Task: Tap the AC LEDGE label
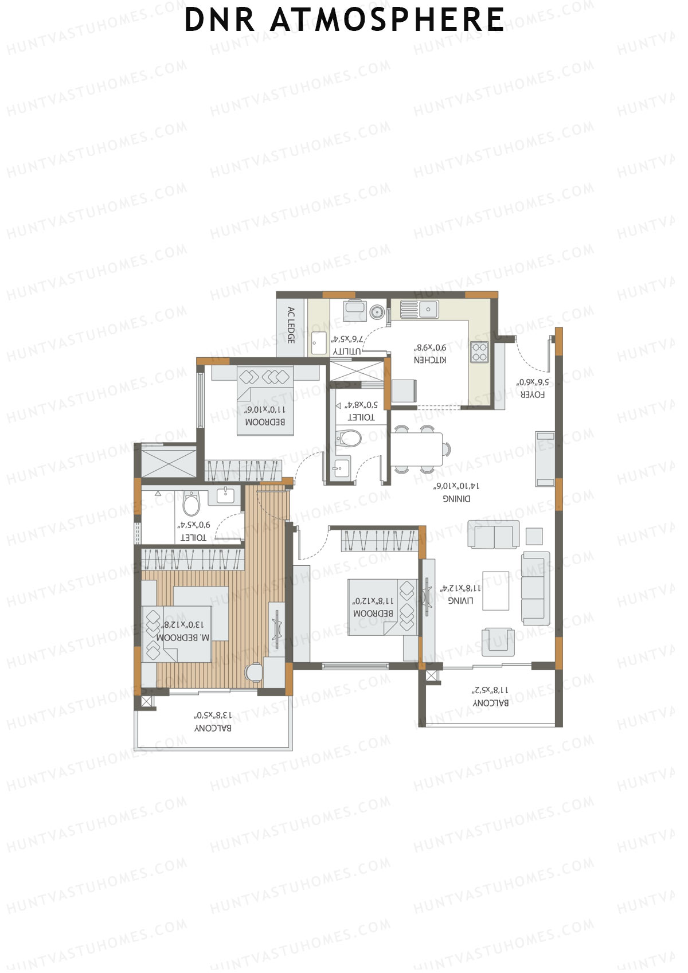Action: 291,325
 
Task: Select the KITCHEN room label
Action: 430,360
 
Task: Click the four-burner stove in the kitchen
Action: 479,351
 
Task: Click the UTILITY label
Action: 347,351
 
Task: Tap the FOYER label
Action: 532,394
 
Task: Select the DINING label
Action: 456,498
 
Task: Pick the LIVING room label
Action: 460,600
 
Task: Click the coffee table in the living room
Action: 495,591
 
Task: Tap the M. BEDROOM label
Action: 184,637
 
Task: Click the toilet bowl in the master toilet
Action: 191,505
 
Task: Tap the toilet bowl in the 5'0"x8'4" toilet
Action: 349,439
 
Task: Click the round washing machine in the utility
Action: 376,311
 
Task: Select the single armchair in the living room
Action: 498,640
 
